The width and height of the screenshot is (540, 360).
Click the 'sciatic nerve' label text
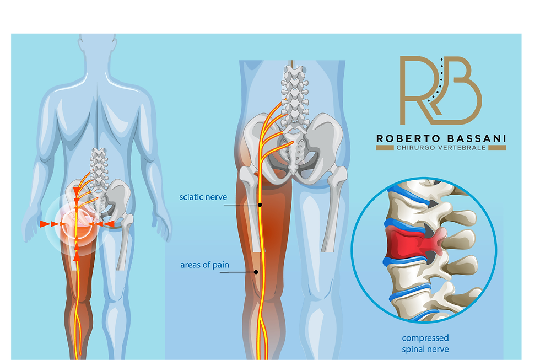(203, 197)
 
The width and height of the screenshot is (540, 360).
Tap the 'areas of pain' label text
(204, 265)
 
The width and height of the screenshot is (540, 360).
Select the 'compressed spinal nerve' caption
(425, 343)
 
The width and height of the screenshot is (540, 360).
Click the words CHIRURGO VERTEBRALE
(441, 148)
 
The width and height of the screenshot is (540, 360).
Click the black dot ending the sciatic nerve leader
(260, 205)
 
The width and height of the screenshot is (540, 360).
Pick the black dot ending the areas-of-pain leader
(256, 272)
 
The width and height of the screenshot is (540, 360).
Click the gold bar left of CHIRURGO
(385, 148)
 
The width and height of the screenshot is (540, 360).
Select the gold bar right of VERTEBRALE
(497, 148)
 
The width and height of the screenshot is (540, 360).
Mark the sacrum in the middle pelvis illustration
(293, 152)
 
